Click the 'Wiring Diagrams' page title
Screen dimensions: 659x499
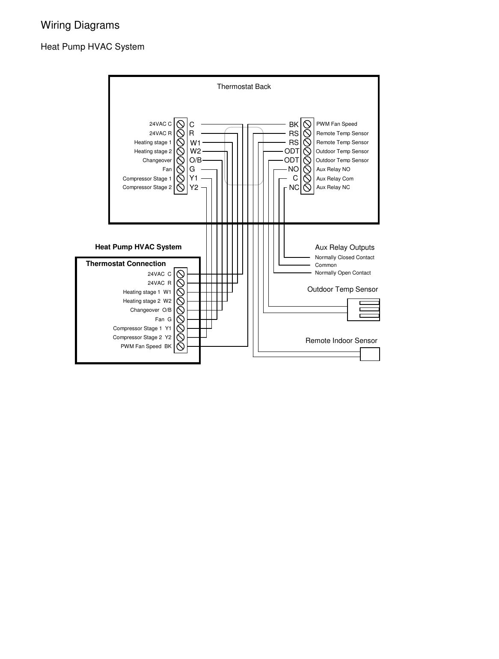(x=80, y=25)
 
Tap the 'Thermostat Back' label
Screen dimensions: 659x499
(x=244, y=87)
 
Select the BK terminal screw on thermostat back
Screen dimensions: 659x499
(x=307, y=124)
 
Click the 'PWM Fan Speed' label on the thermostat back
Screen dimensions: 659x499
(x=336, y=124)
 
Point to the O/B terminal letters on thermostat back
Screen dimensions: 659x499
(x=195, y=160)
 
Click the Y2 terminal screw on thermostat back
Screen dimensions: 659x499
(x=181, y=187)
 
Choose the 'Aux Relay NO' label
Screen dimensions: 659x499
(x=333, y=169)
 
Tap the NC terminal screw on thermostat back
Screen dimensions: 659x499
(x=307, y=187)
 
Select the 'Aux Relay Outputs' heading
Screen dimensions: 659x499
(x=345, y=248)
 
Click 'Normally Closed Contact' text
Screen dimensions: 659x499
(x=345, y=257)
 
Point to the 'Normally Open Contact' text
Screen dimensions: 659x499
(x=343, y=273)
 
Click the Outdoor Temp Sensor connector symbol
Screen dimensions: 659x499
(x=363, y=309)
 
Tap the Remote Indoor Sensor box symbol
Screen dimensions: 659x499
(x=370, y=354)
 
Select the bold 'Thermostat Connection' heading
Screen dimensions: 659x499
(x=126, y=264)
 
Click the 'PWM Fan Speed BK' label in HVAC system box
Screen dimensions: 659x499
(x=146, y=346)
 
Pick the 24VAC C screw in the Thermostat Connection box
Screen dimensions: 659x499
(x=181, y=274)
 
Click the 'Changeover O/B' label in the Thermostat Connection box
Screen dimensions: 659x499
(x=151, y=310)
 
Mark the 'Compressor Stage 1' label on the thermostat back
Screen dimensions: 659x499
(x=147, y=179)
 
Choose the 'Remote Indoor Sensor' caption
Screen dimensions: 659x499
(x=341, y=341)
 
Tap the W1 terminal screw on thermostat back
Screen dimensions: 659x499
(x=181, y=142)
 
